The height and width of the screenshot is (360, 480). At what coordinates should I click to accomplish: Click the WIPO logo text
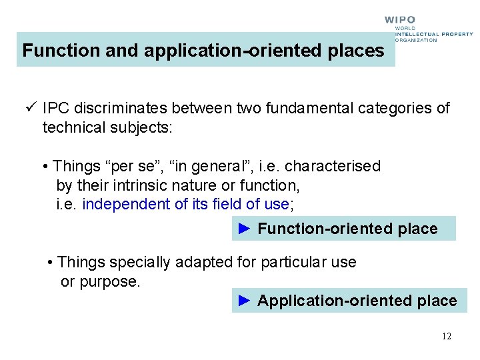click(400, 20)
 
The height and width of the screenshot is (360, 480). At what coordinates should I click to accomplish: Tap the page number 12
click(446, 336)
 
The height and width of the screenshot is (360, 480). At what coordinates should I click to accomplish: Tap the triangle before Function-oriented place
click(245, 229)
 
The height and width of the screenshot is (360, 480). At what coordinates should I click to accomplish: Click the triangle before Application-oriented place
click(245, 301)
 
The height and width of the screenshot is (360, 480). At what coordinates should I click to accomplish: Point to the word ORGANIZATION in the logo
click(416, 40)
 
